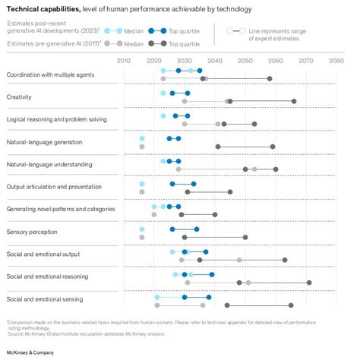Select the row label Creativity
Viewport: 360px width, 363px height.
[x=19, y=97]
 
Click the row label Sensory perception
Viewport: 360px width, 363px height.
[x=29, y=232]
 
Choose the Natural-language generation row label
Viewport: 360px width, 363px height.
[x=43, y=142]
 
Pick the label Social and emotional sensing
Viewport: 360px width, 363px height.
[x=46, y=299]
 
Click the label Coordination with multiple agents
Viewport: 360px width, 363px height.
[x=52, y=74]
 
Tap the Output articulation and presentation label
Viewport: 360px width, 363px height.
[x=53, y=187]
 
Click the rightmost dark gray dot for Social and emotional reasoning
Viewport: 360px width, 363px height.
[x=309, y=283]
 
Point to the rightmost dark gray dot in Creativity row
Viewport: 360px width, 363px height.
[x=294, y=101]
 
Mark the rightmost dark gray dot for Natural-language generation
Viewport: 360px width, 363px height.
[x=273, y=147]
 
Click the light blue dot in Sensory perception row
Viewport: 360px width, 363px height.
[x=142, y=229]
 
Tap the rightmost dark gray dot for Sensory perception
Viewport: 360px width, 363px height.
[x=245, y=237]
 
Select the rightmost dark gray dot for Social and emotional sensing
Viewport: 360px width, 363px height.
[x=291, y=305]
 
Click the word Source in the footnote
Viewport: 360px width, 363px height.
[x=17, y=333]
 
